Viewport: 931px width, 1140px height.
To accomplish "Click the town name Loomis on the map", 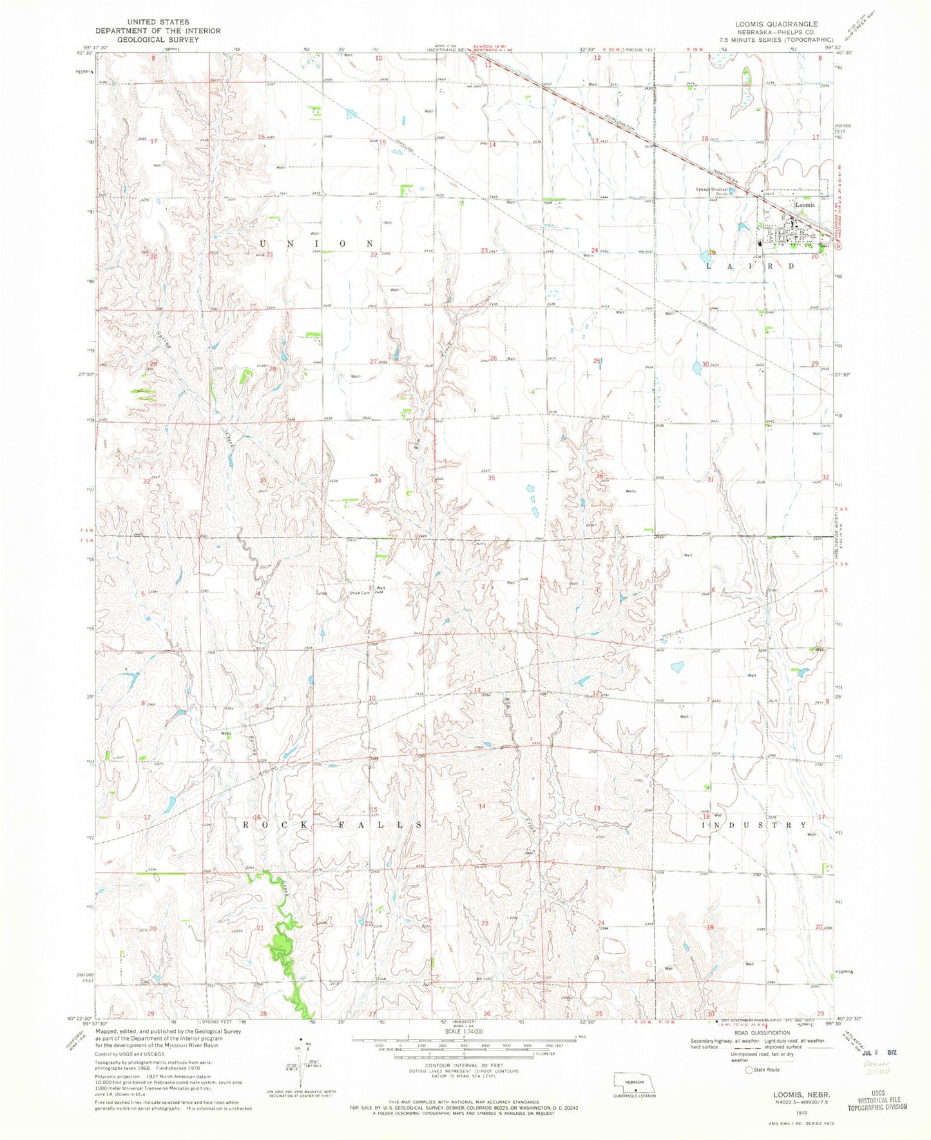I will (x=805, y=205).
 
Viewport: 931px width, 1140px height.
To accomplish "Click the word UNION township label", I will (x=316, y=244).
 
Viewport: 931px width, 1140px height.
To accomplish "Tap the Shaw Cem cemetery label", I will (x=358, y=593).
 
